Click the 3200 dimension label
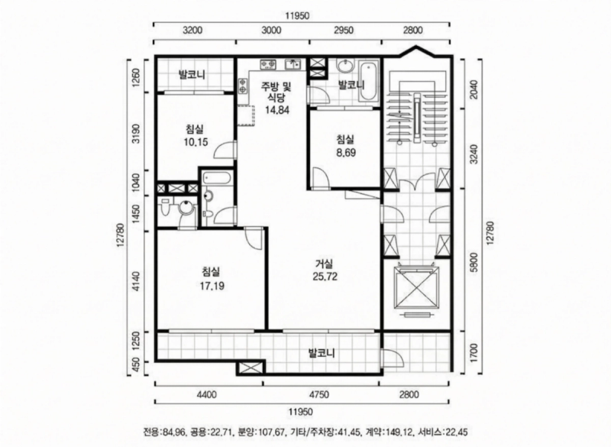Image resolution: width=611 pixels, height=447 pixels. [x=193, y=30]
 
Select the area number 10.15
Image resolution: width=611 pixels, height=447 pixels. [x=196, y=142]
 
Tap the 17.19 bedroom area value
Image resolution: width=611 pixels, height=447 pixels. [x=212, y=287]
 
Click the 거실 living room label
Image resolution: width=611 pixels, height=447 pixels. [x=325, y=264]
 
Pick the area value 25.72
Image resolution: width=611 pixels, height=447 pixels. [x=325, y=277]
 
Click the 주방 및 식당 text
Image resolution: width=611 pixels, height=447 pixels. [x=276, y=92]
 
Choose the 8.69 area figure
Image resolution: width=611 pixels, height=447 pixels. [x=346, y=152]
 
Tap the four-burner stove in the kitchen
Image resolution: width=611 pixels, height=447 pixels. [x=268, y=63]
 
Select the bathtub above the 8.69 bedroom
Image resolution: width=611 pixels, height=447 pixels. [x=369, y=83]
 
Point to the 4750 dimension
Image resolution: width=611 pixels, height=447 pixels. [x=319, y=395]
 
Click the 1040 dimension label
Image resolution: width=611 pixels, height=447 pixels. [x=136, y=182]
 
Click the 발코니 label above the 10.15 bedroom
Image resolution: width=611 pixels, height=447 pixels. [x=192, y=74]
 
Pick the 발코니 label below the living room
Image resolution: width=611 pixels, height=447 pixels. [x=322, y=354]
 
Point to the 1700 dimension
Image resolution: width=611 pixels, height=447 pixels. [x=474, y=352]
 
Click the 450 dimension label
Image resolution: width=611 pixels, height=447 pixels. [x=136, y=367]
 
